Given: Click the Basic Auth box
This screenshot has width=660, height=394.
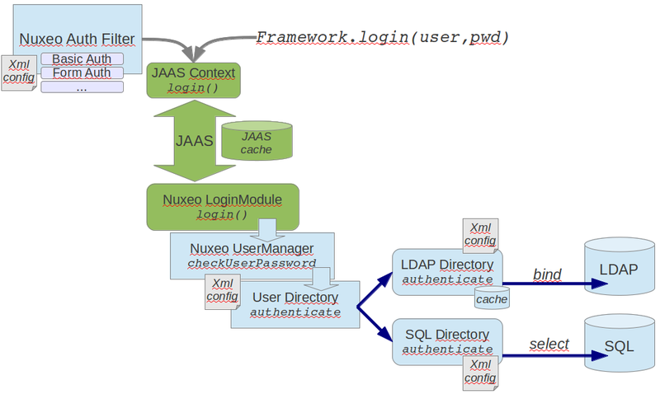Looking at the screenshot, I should coord(82,59).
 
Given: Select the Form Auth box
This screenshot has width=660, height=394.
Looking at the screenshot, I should coord(82,73).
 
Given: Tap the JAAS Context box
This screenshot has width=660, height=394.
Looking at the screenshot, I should coord(193,79).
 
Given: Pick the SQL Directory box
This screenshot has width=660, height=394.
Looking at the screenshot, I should coord(446,340).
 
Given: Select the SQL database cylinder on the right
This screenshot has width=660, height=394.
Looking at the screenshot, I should coord(619,345).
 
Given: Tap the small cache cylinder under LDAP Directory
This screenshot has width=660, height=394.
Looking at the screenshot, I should coord(492,298).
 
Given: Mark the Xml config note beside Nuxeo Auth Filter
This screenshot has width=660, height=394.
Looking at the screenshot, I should coord(19,73).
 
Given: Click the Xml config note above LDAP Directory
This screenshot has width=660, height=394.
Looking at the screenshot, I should coord(479,234).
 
